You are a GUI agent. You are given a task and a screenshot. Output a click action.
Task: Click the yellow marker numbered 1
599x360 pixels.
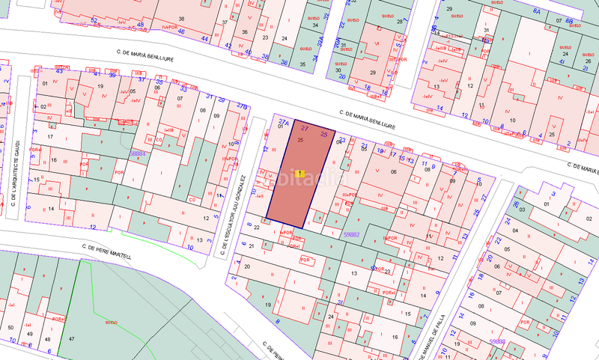(300, 173)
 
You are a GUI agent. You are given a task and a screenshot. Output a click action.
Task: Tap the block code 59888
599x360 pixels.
(497, 341)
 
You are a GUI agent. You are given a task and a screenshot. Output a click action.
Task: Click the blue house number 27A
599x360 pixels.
(283, 120)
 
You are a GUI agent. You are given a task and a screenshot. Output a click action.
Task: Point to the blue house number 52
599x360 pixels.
(93, 19)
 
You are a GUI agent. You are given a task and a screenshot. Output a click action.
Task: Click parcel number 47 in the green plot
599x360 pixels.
(73, 340)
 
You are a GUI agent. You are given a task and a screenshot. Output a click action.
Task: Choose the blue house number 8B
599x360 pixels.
(570, 21)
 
